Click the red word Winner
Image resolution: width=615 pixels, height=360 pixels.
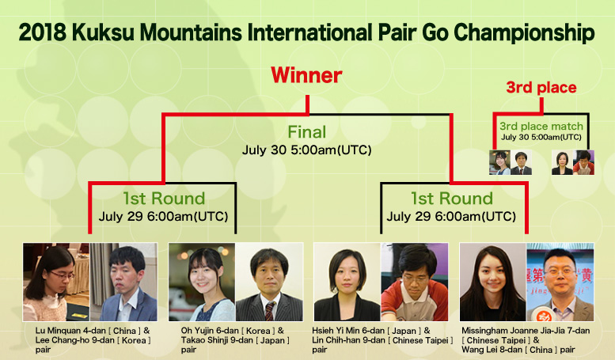click(306, 75)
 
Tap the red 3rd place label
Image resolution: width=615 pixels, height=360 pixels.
click(541, 88)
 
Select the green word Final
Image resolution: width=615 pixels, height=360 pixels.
click(307, 132)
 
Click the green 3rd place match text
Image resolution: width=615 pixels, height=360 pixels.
click(541, 127)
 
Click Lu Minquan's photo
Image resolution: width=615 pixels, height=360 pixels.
click(56, 282)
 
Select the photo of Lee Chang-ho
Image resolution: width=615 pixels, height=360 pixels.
click(124, 282)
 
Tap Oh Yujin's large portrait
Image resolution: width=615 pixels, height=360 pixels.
click(202, 282)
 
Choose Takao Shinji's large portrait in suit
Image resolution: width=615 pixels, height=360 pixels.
click(269, 282)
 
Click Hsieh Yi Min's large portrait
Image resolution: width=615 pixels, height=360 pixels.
click(347, 282)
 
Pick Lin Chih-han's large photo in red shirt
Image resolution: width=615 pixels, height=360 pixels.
click(415, 282)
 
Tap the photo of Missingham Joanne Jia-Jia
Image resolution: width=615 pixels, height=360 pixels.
click(493, 282)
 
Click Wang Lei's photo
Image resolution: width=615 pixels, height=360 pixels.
click(560, 282)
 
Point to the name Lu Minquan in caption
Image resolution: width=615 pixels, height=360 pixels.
click(57, 331)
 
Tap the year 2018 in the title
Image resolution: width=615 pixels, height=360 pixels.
click(43, 32)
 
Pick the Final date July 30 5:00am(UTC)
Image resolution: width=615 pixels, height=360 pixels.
click(307, 150)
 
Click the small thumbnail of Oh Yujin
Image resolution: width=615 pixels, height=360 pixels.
click(499, 162)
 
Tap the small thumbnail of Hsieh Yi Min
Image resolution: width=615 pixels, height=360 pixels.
click(562, 162)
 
